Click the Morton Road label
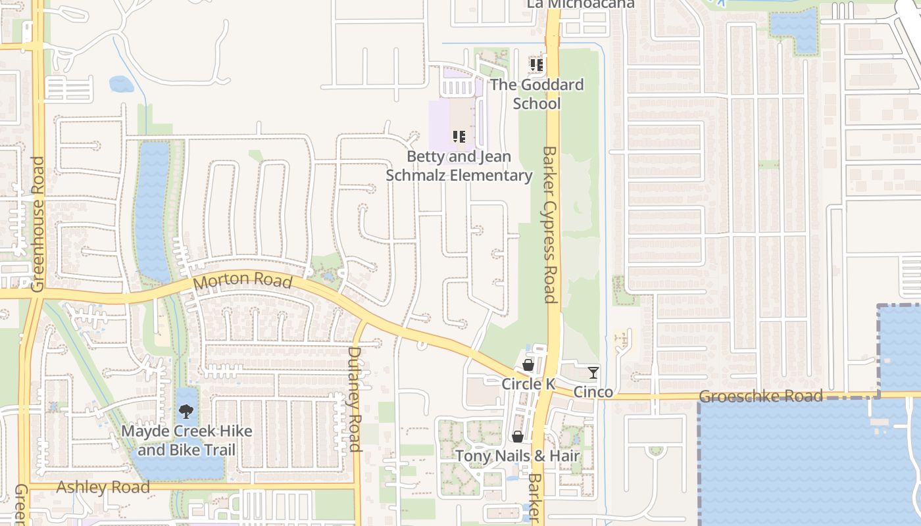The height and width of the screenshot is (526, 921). [x=243, y=280]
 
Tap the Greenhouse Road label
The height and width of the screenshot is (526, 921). [x=37, y=224]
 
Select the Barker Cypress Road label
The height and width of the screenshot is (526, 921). [x=550, y=224]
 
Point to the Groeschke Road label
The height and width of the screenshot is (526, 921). [x=760, y=396]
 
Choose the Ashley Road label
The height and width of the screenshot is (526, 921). [x=103, y=487]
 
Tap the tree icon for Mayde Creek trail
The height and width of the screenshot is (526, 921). [x=186, y=412]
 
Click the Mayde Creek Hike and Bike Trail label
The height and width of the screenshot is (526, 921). [x=187, y=441]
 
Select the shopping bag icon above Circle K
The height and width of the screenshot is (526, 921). [x=528, y=365]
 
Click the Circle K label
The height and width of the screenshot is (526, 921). [x=528, y=383]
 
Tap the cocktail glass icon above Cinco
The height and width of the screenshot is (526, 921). [x=593, y=373]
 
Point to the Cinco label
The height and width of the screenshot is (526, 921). [x=593, y=392]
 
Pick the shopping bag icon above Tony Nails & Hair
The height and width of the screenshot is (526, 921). [x=518, y=437]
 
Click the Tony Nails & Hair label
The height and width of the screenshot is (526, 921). [x=518, y=456]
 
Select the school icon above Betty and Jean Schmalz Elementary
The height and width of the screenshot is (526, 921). [x=459, y=137]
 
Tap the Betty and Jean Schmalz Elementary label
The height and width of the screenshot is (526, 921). [x=459, y=166]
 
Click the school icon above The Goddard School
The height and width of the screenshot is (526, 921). [x=537, y=65]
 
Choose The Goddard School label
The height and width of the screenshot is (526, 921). [x=537, y=94]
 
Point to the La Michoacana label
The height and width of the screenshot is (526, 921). [x=581, y=4]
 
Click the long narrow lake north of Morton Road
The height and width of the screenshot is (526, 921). [x=153, y=210]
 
